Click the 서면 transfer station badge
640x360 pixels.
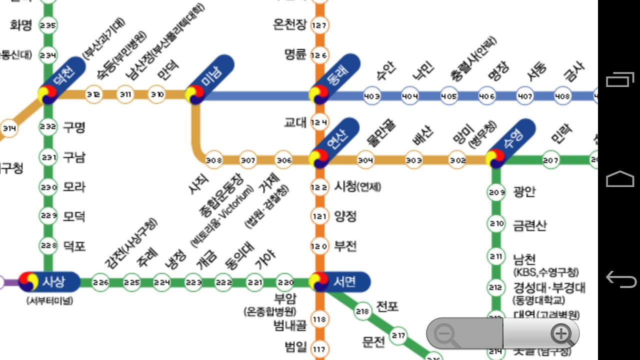[340, 282]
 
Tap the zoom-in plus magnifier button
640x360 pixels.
[561, 333]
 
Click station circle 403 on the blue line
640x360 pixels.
[371, 95]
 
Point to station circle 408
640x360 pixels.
[562, 95]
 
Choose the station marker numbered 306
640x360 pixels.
[284, 160]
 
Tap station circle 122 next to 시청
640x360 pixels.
[319, 187]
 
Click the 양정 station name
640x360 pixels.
[345, 216]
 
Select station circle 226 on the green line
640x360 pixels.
[100, 282]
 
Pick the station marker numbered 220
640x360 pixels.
[285, 282]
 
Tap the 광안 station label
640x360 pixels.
[524, 192]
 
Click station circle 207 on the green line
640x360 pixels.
[550, 160]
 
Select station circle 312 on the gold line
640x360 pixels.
[93, 93]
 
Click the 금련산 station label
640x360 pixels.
[530, 225]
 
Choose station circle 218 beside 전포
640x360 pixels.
[362, 311]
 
